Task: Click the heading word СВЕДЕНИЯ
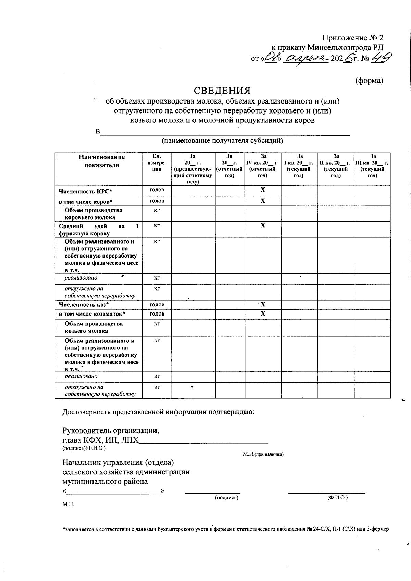222,91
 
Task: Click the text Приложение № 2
353,38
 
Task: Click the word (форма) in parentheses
369,81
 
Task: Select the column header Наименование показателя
102,161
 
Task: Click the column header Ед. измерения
157,163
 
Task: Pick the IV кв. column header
263,166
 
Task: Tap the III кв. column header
372,166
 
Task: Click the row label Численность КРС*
85,191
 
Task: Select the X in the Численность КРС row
263,190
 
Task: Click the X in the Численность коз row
263,305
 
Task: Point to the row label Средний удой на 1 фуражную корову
99,230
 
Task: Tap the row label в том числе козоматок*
92,314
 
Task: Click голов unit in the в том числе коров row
157,201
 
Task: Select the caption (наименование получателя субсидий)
222,141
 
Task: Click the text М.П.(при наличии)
263,454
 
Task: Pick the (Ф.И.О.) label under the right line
337,497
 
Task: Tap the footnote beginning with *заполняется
225,539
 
